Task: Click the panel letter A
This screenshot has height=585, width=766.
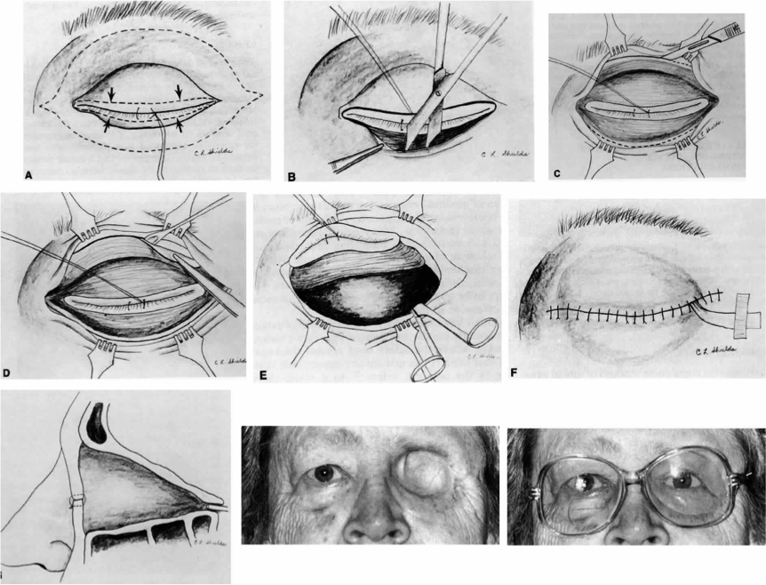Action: click(29, 175)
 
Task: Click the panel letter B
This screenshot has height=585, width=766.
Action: click(292, 176)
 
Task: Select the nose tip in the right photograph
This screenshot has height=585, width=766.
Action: click(638, 532)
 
